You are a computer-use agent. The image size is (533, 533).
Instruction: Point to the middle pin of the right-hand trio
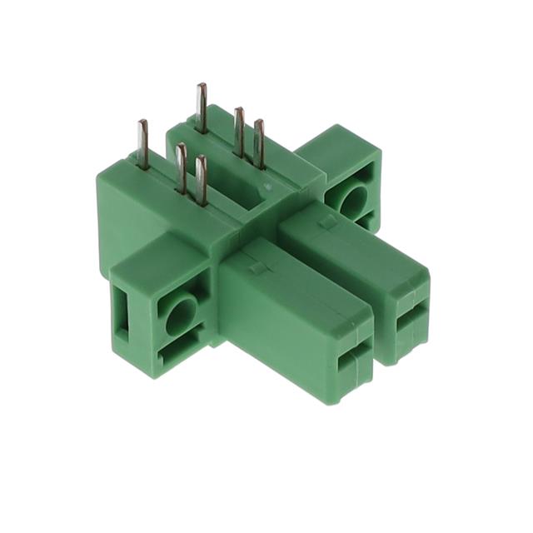[239, 132]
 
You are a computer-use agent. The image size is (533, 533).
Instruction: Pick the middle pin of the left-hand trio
[181, 167]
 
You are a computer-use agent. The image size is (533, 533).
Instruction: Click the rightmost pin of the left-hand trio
[201, 180]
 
